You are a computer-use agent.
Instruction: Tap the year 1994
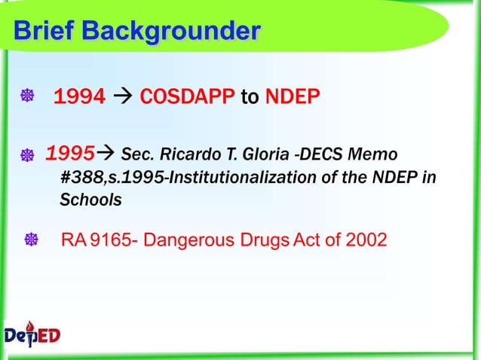click(79, 97)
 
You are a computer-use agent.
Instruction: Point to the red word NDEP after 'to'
click(293, 97)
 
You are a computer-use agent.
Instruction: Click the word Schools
click(90, 201)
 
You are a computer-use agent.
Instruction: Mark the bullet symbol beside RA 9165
click(32, 241)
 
